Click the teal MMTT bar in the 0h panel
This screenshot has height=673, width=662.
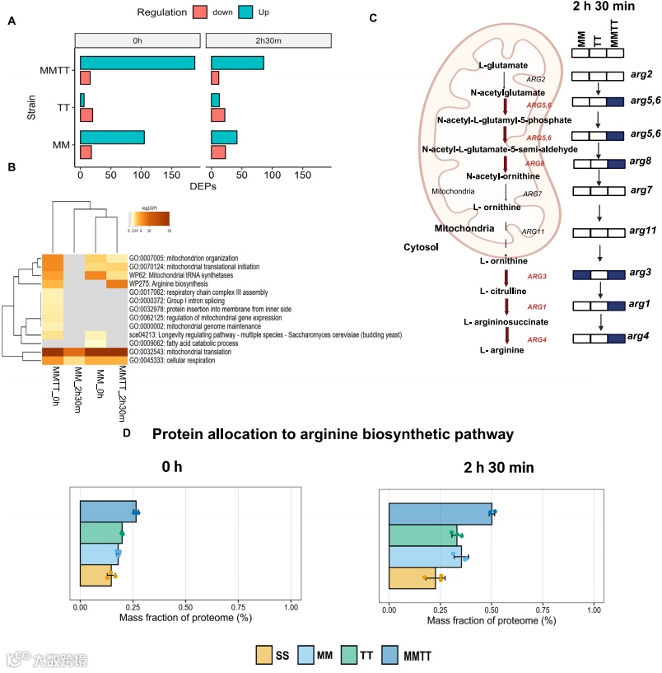(x=137, y=63)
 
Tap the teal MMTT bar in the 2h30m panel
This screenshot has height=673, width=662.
(x=238, y=63)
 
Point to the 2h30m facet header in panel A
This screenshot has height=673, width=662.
(x=268, y=40)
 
